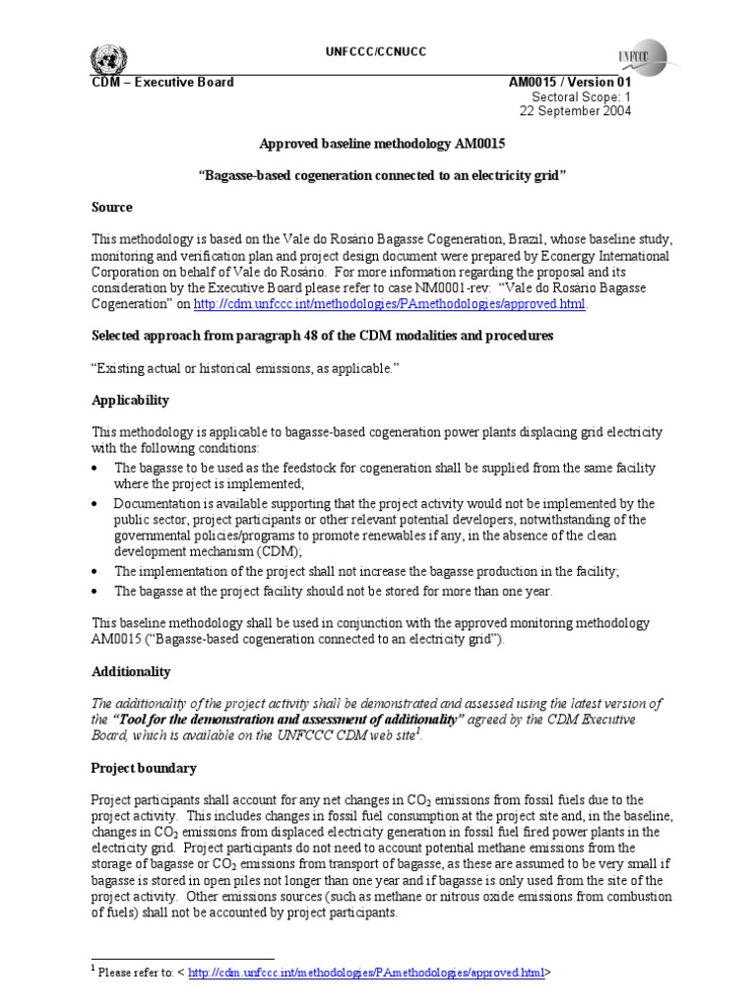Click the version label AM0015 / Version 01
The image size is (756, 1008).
pyautogui.click(x=569, y=82)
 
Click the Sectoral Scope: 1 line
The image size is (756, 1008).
pyautogui.click(x=581, y=96)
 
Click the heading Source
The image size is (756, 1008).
pyautogui.click(x=112, y=208)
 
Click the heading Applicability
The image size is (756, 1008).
pyautogui.click(x=130, y=401)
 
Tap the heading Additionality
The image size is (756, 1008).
pyautogui.click(x=131, y=671)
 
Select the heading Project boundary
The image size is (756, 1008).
pyautogui.click(x=144, y=768)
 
